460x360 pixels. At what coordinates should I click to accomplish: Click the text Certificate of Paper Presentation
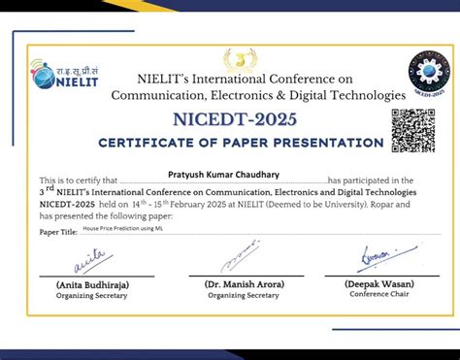click(x=241, y=143)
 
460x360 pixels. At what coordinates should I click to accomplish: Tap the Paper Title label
click(x=57, y=232)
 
